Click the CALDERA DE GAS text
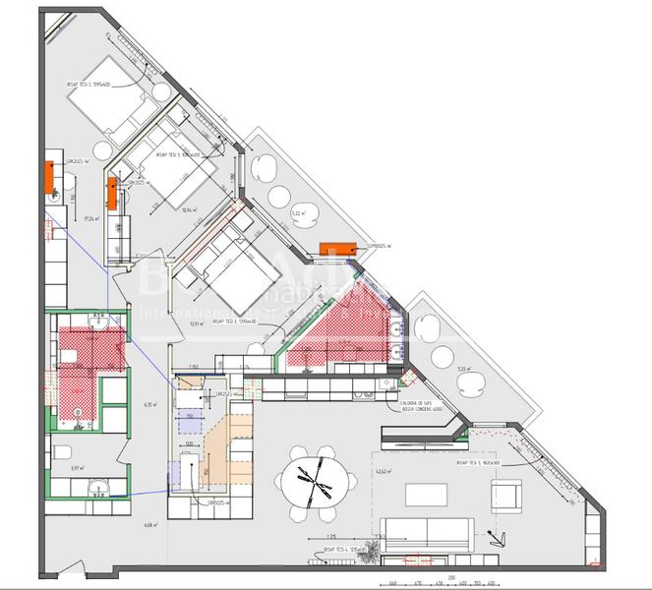tap(415, 402)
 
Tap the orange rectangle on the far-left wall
tap(47, 177)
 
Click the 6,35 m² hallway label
tap(150, 404)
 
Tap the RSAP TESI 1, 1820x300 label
tap(478, 460)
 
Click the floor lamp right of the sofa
tap(498, 537)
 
